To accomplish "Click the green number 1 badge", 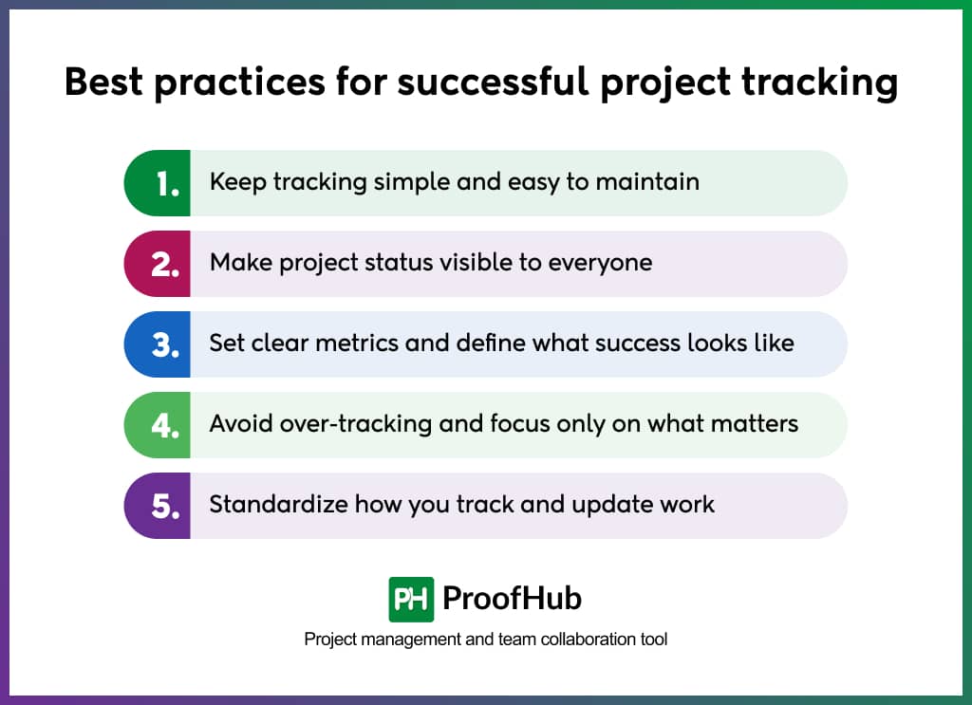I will point(159,183).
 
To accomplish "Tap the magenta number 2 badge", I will point(159,264).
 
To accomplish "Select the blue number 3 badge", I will point(159,344).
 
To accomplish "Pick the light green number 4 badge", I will point(159,425).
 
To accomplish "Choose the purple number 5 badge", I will point(159,506).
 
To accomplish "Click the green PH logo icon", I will point(411,599).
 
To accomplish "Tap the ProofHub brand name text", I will point(512,599).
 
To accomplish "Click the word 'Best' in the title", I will point(104,83).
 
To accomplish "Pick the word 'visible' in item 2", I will point(475,262).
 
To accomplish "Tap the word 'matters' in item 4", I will point(754,423).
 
